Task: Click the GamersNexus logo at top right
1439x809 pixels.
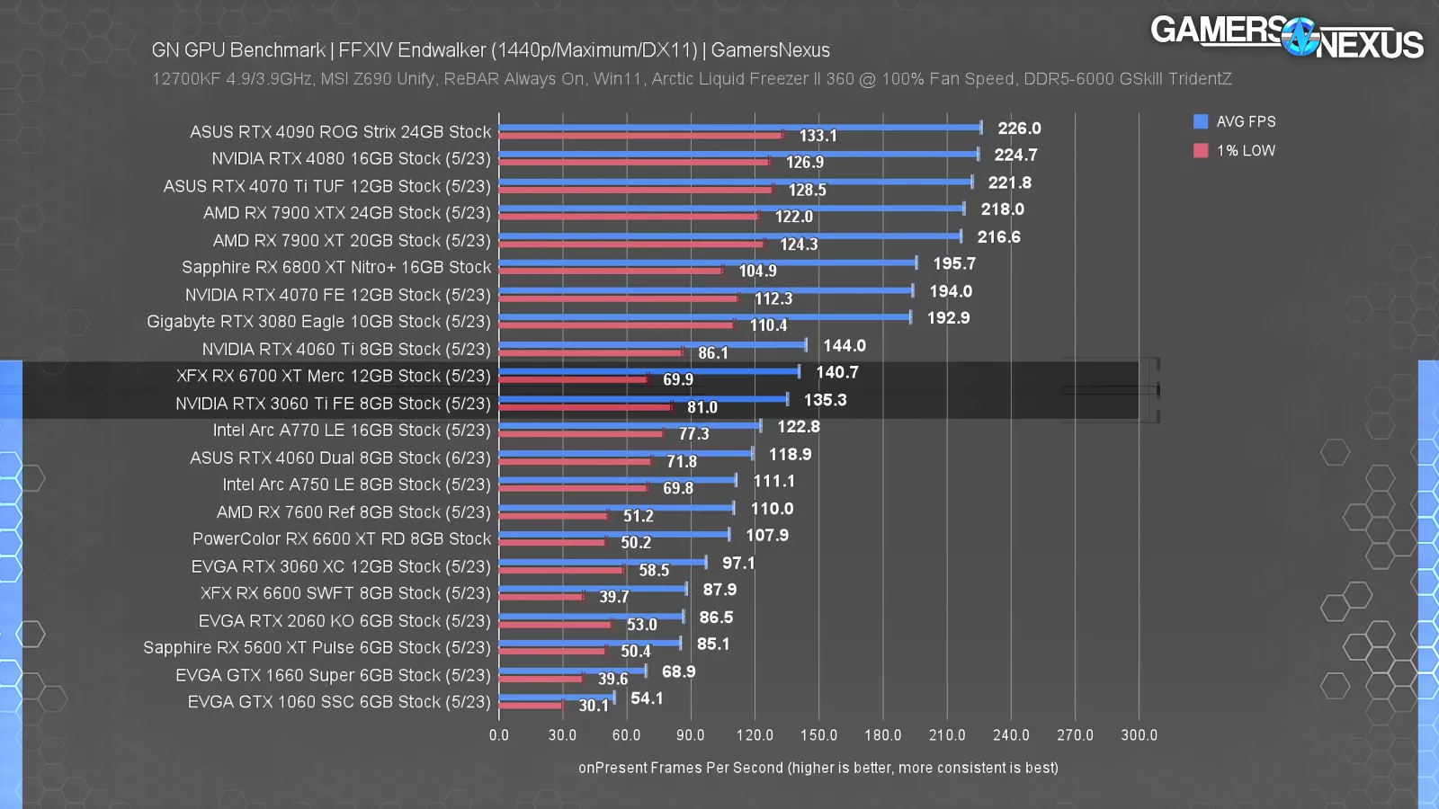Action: click(x=1286, y=38)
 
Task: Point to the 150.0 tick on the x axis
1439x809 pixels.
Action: click(x=818, y=735)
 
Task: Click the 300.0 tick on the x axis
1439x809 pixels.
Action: click(x=1139, y=735)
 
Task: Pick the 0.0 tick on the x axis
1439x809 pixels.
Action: click(x=499, y=735)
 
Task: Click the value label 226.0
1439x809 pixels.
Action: click(x=1019, y=129)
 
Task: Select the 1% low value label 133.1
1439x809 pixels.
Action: click(x=818, y=136)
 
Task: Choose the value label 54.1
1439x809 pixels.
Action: click(x=647, y=698)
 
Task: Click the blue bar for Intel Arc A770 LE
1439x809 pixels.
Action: click(x=630, y=425)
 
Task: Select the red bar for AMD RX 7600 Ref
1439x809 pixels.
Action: click(x=553, y=516)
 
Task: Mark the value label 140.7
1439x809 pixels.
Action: click(x=836, y=372)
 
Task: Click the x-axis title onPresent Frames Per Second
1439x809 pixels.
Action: click(x=818, y=768)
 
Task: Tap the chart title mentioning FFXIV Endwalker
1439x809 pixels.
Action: click(x=490, y=50)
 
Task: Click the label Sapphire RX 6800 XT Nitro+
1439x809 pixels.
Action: click(x=335, y=268)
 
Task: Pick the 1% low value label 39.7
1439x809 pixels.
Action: click(x=614, y=597)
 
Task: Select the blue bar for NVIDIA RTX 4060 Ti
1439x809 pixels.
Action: click(x=652, y=344)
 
